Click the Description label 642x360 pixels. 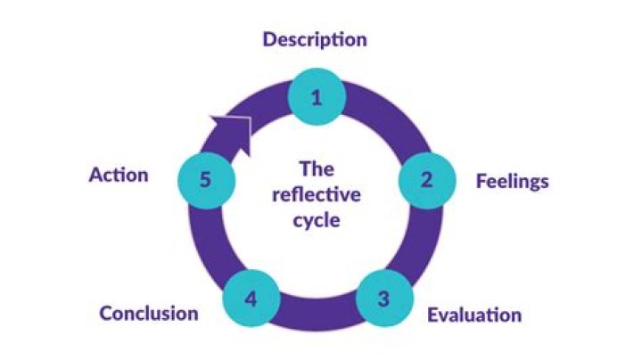click(315, 40)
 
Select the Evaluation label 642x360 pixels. click(474, 315)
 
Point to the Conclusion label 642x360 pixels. click(149, 314)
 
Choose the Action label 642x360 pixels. click(119, 175)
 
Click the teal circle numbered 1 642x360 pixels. click(316, 98)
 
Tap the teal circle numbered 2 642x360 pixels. click(426, 179)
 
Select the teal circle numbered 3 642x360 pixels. click(383, 299)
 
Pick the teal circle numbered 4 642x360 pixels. click(251, 299)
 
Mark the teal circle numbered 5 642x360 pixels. click(205, 179)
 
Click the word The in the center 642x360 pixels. click(316, 168)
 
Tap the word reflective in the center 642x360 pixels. click(316, 194)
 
